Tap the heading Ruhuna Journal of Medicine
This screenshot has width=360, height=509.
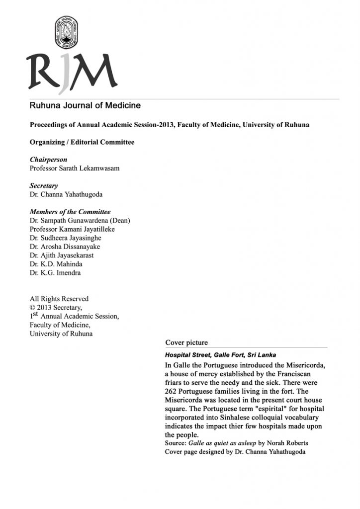tap(85, 105)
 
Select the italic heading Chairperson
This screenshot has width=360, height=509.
tap(48, 160)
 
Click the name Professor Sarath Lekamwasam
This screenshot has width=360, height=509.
tap(75, 169)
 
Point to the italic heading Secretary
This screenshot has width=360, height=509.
tap(44, 185)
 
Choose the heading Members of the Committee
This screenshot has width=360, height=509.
tap(70, 212)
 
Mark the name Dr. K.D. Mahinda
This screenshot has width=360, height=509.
tap(58, 264)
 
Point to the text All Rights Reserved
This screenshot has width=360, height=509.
tap(59, 299)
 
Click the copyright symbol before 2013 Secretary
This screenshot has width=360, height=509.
tap(33, 307)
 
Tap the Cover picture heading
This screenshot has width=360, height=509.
tap(186, 342)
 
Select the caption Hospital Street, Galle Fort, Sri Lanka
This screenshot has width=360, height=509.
tap(220, 355)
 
